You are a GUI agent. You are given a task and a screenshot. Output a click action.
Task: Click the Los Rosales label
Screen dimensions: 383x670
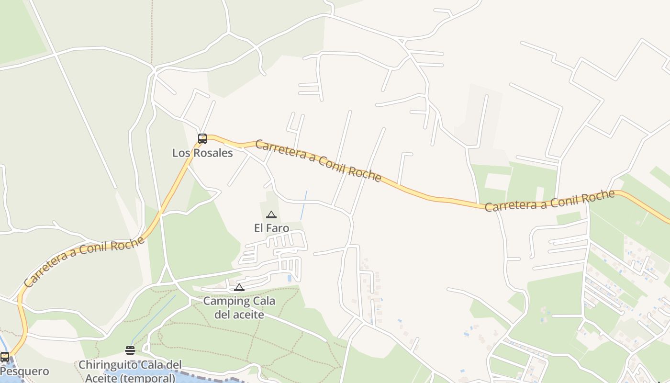(x=202, y=153)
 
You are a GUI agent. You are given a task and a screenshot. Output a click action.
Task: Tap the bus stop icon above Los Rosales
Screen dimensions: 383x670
(x=202, y=139)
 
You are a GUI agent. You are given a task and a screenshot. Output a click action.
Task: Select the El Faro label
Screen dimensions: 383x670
(x=271, y=228)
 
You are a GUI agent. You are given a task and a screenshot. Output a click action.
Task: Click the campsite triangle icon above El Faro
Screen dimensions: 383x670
(x=271, y=215)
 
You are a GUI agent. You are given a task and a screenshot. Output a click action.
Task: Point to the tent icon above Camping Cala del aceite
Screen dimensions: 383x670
(x=239, y=288)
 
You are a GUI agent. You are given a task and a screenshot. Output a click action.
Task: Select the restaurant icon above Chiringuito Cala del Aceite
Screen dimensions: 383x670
(x=130, y=350)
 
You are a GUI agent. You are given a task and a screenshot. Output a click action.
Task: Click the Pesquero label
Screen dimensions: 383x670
(x=24, y=372)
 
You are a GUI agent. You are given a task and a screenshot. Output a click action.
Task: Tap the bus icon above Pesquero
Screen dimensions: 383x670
(x=5, y=357)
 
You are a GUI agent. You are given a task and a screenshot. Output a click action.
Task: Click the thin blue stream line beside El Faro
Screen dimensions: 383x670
(x=304, y=205)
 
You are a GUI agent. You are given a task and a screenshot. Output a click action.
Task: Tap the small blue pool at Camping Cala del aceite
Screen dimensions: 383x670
(x=289, y=278)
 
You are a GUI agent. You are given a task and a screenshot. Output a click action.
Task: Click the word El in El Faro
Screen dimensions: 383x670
(x=258, y=228)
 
